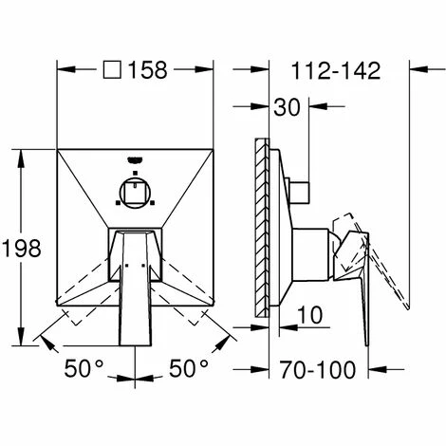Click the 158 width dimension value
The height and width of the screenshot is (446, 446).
[147, 70]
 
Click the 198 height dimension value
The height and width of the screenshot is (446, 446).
[22, 248]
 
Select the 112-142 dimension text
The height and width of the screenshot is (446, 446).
[336, 70]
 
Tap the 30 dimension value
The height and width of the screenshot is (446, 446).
[287, 107]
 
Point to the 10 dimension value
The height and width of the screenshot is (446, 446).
[310, 315]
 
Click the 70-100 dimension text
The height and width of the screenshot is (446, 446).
[317, 369]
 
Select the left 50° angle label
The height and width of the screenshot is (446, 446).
[84, 368]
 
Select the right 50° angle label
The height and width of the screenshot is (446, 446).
[189, 368]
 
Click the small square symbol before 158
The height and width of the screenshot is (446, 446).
[112, 69]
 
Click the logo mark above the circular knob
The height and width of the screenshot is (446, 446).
[135, 160]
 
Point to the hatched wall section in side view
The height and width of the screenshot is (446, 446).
[262, 228]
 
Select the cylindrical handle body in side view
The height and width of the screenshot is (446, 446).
[311, 254]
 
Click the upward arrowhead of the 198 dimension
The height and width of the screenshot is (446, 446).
[21, 158]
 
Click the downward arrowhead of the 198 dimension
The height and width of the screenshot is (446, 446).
[21, 337]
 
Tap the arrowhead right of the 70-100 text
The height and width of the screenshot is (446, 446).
[378, 369]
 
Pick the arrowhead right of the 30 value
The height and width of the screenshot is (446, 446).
[318, 106]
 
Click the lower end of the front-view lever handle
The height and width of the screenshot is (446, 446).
[135, 345]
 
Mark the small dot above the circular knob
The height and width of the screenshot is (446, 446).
[135, 173]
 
